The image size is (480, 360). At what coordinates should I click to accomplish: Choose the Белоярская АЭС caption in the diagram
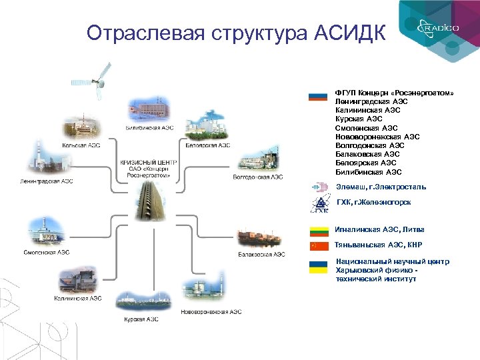[208, 145]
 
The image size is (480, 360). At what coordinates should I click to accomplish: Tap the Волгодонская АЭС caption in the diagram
[258, 177]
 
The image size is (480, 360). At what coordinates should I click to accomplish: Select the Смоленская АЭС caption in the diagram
[47, 253]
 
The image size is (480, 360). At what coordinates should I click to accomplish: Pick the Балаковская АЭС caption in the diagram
[261, 254]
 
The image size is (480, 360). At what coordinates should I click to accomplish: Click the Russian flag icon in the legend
[318, 96]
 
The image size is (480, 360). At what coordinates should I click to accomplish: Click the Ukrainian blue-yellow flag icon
[318, 267]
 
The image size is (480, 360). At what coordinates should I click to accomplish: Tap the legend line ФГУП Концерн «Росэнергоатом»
[394, 92]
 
